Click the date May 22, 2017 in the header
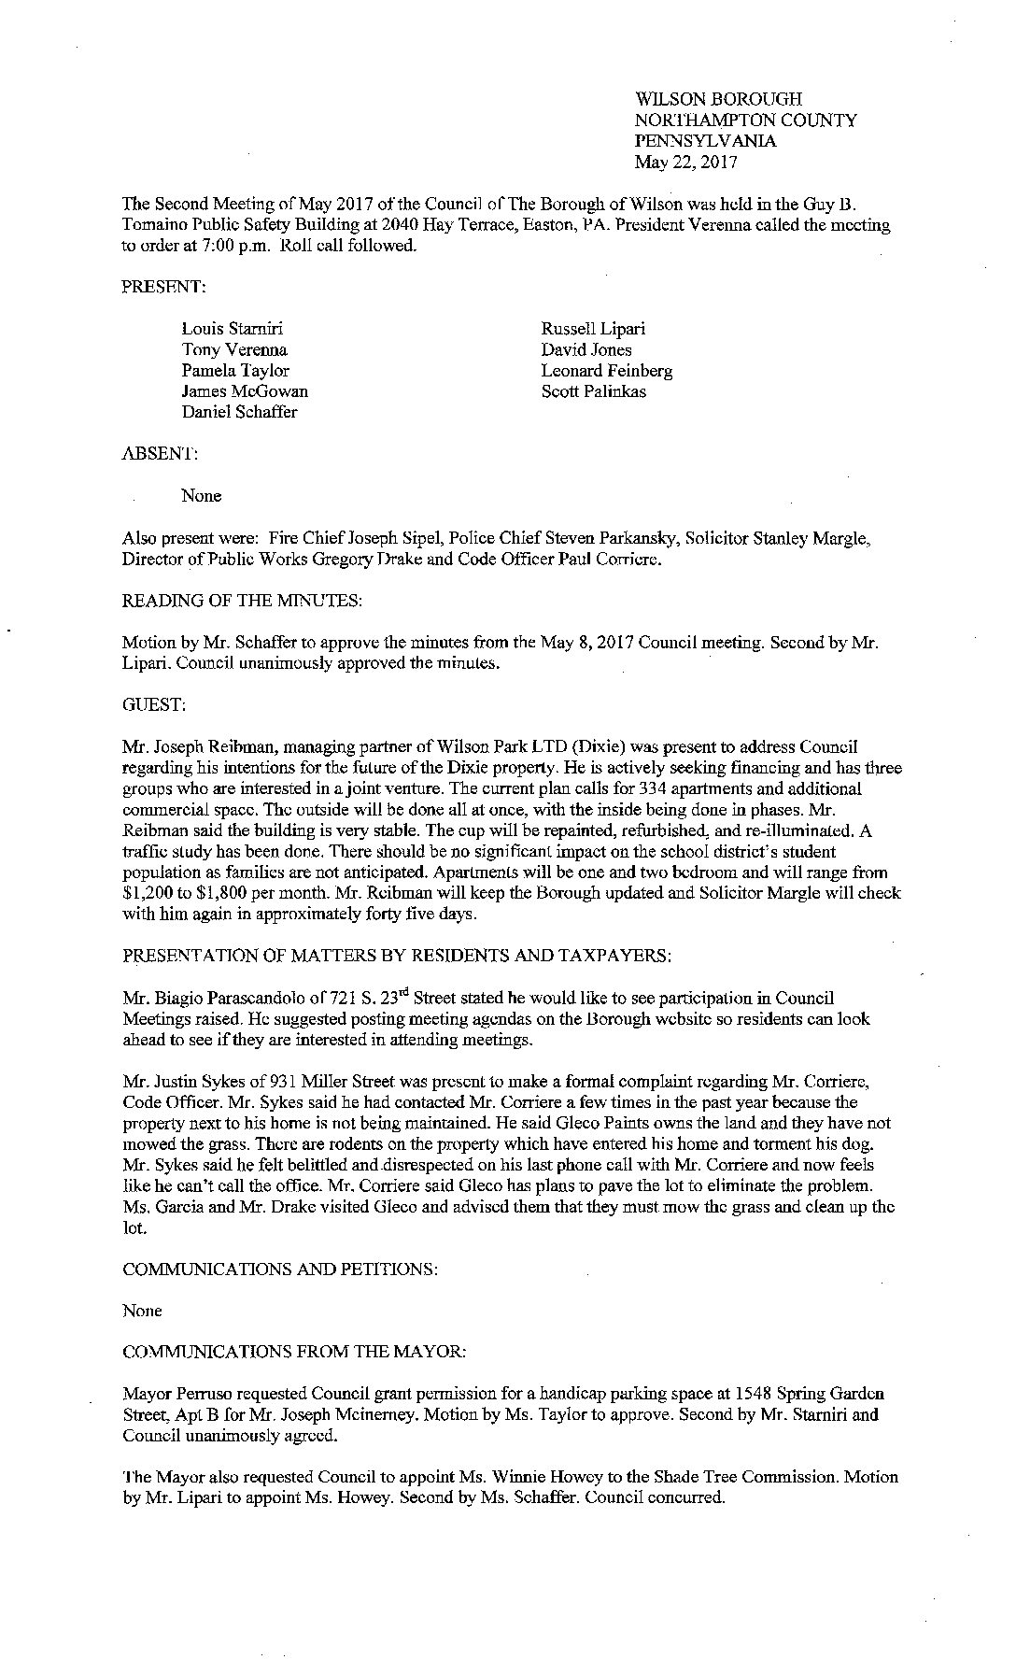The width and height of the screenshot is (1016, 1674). coord(685,163)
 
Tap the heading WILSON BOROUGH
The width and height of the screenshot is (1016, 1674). coord(718,99)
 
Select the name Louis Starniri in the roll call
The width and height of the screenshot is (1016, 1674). coord(233,329)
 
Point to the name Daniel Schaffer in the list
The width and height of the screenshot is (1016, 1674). coord(239,412)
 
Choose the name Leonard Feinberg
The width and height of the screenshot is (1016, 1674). coord(606,371)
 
